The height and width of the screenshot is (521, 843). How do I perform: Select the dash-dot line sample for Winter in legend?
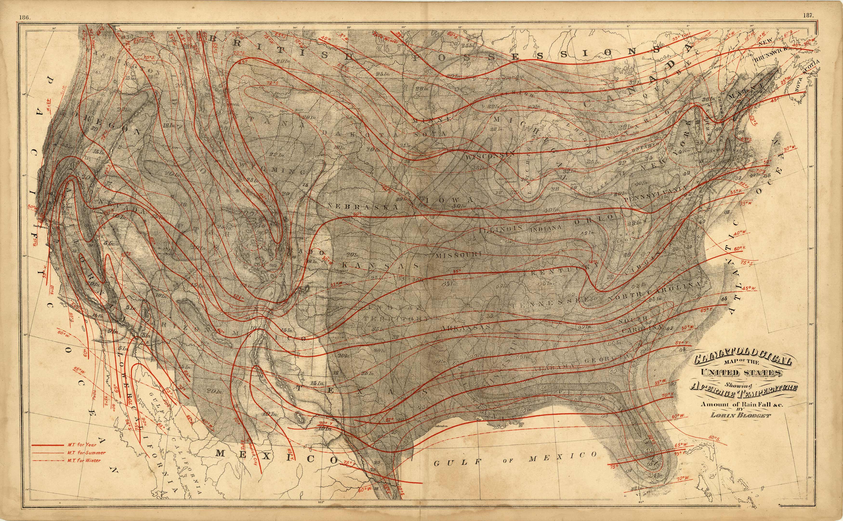coord(46,461)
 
